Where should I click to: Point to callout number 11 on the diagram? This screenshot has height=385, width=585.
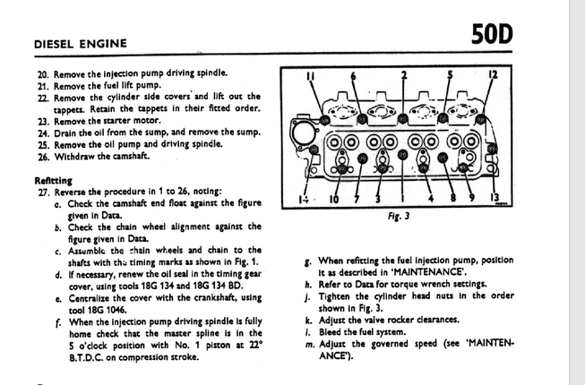click(x=312, y=76)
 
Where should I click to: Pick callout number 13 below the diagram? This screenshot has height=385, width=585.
click(x=494, y=198)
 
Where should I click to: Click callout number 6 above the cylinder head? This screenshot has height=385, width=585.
click(x=352, y=76)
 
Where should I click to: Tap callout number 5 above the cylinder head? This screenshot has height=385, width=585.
click(x=450, y=76)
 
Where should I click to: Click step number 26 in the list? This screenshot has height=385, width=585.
click(x=41, y=155)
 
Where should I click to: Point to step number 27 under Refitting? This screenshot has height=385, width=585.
click(x=41, y=192)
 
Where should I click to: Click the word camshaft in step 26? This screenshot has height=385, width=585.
click(x=125, y=155)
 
